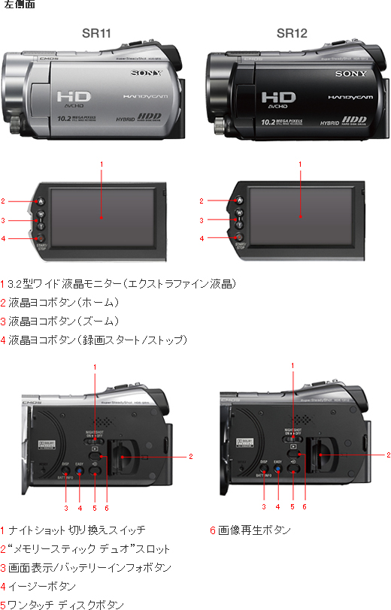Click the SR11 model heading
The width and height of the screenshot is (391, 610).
point(98,33)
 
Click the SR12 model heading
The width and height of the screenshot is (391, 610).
point(292,33)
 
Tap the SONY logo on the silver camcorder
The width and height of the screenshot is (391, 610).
point(147,73)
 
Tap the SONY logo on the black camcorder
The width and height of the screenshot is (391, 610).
point(350,74)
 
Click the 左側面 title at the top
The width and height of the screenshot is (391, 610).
point(19,6)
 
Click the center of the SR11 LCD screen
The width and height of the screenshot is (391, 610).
point(101,215)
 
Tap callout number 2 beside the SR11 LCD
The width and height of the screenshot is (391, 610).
point(4,201)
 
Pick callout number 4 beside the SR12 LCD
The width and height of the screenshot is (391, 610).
point(202,238)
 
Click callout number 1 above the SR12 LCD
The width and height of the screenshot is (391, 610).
point(300,164)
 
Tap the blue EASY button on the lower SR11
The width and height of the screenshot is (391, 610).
point(79,470)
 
